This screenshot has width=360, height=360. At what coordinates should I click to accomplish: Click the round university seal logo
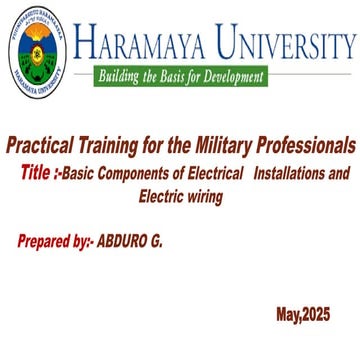(37, 52)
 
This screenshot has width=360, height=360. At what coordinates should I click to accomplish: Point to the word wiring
(199, 197)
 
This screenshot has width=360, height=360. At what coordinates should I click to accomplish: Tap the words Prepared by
(56, 242)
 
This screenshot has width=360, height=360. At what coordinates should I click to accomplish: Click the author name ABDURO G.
(130, 242)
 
